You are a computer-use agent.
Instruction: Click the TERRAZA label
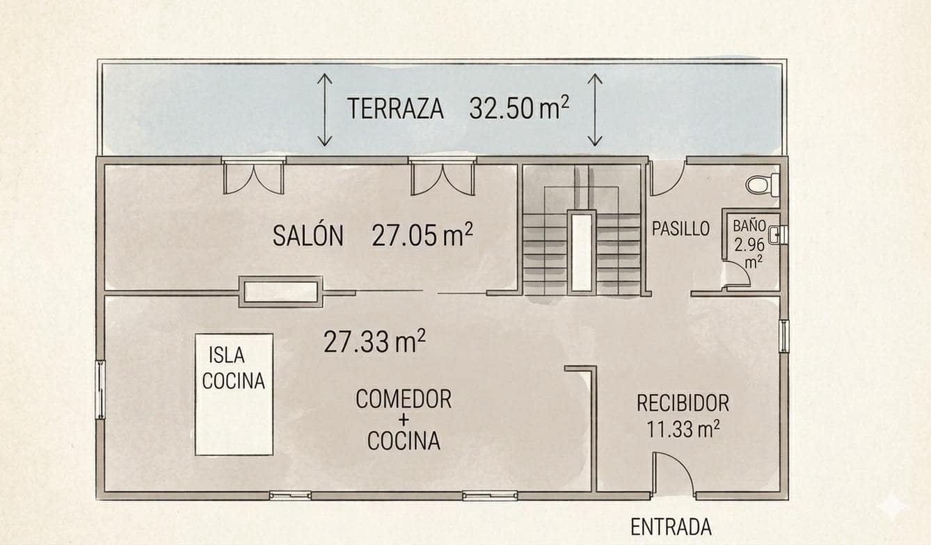(x=395, y=109)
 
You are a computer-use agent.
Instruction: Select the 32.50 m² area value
(x=519, y=108)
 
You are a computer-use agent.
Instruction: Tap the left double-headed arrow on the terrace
(x=325, y=110)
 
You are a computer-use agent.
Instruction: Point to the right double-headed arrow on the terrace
(x=594, y=110)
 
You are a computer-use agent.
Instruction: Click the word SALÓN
(x=308, y=236)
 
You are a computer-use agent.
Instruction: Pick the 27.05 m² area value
(x=422, y=236)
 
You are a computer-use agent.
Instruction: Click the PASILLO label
(x=681, y=229)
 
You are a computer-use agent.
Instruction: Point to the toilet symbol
(x=763, y=185)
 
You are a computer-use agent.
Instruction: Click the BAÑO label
(x=749, y=226)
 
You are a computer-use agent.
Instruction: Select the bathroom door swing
(x=736, y=274)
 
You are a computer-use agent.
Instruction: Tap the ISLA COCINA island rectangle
(x=234, y=394)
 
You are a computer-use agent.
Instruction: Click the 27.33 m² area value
(x=374, y=341)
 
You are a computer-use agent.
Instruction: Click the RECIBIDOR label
(x=683, y=403)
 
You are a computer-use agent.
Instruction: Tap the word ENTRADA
(x=671, y=527)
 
